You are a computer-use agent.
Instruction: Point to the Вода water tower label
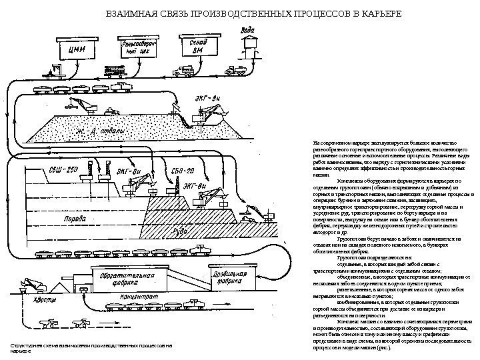[247, 30]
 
